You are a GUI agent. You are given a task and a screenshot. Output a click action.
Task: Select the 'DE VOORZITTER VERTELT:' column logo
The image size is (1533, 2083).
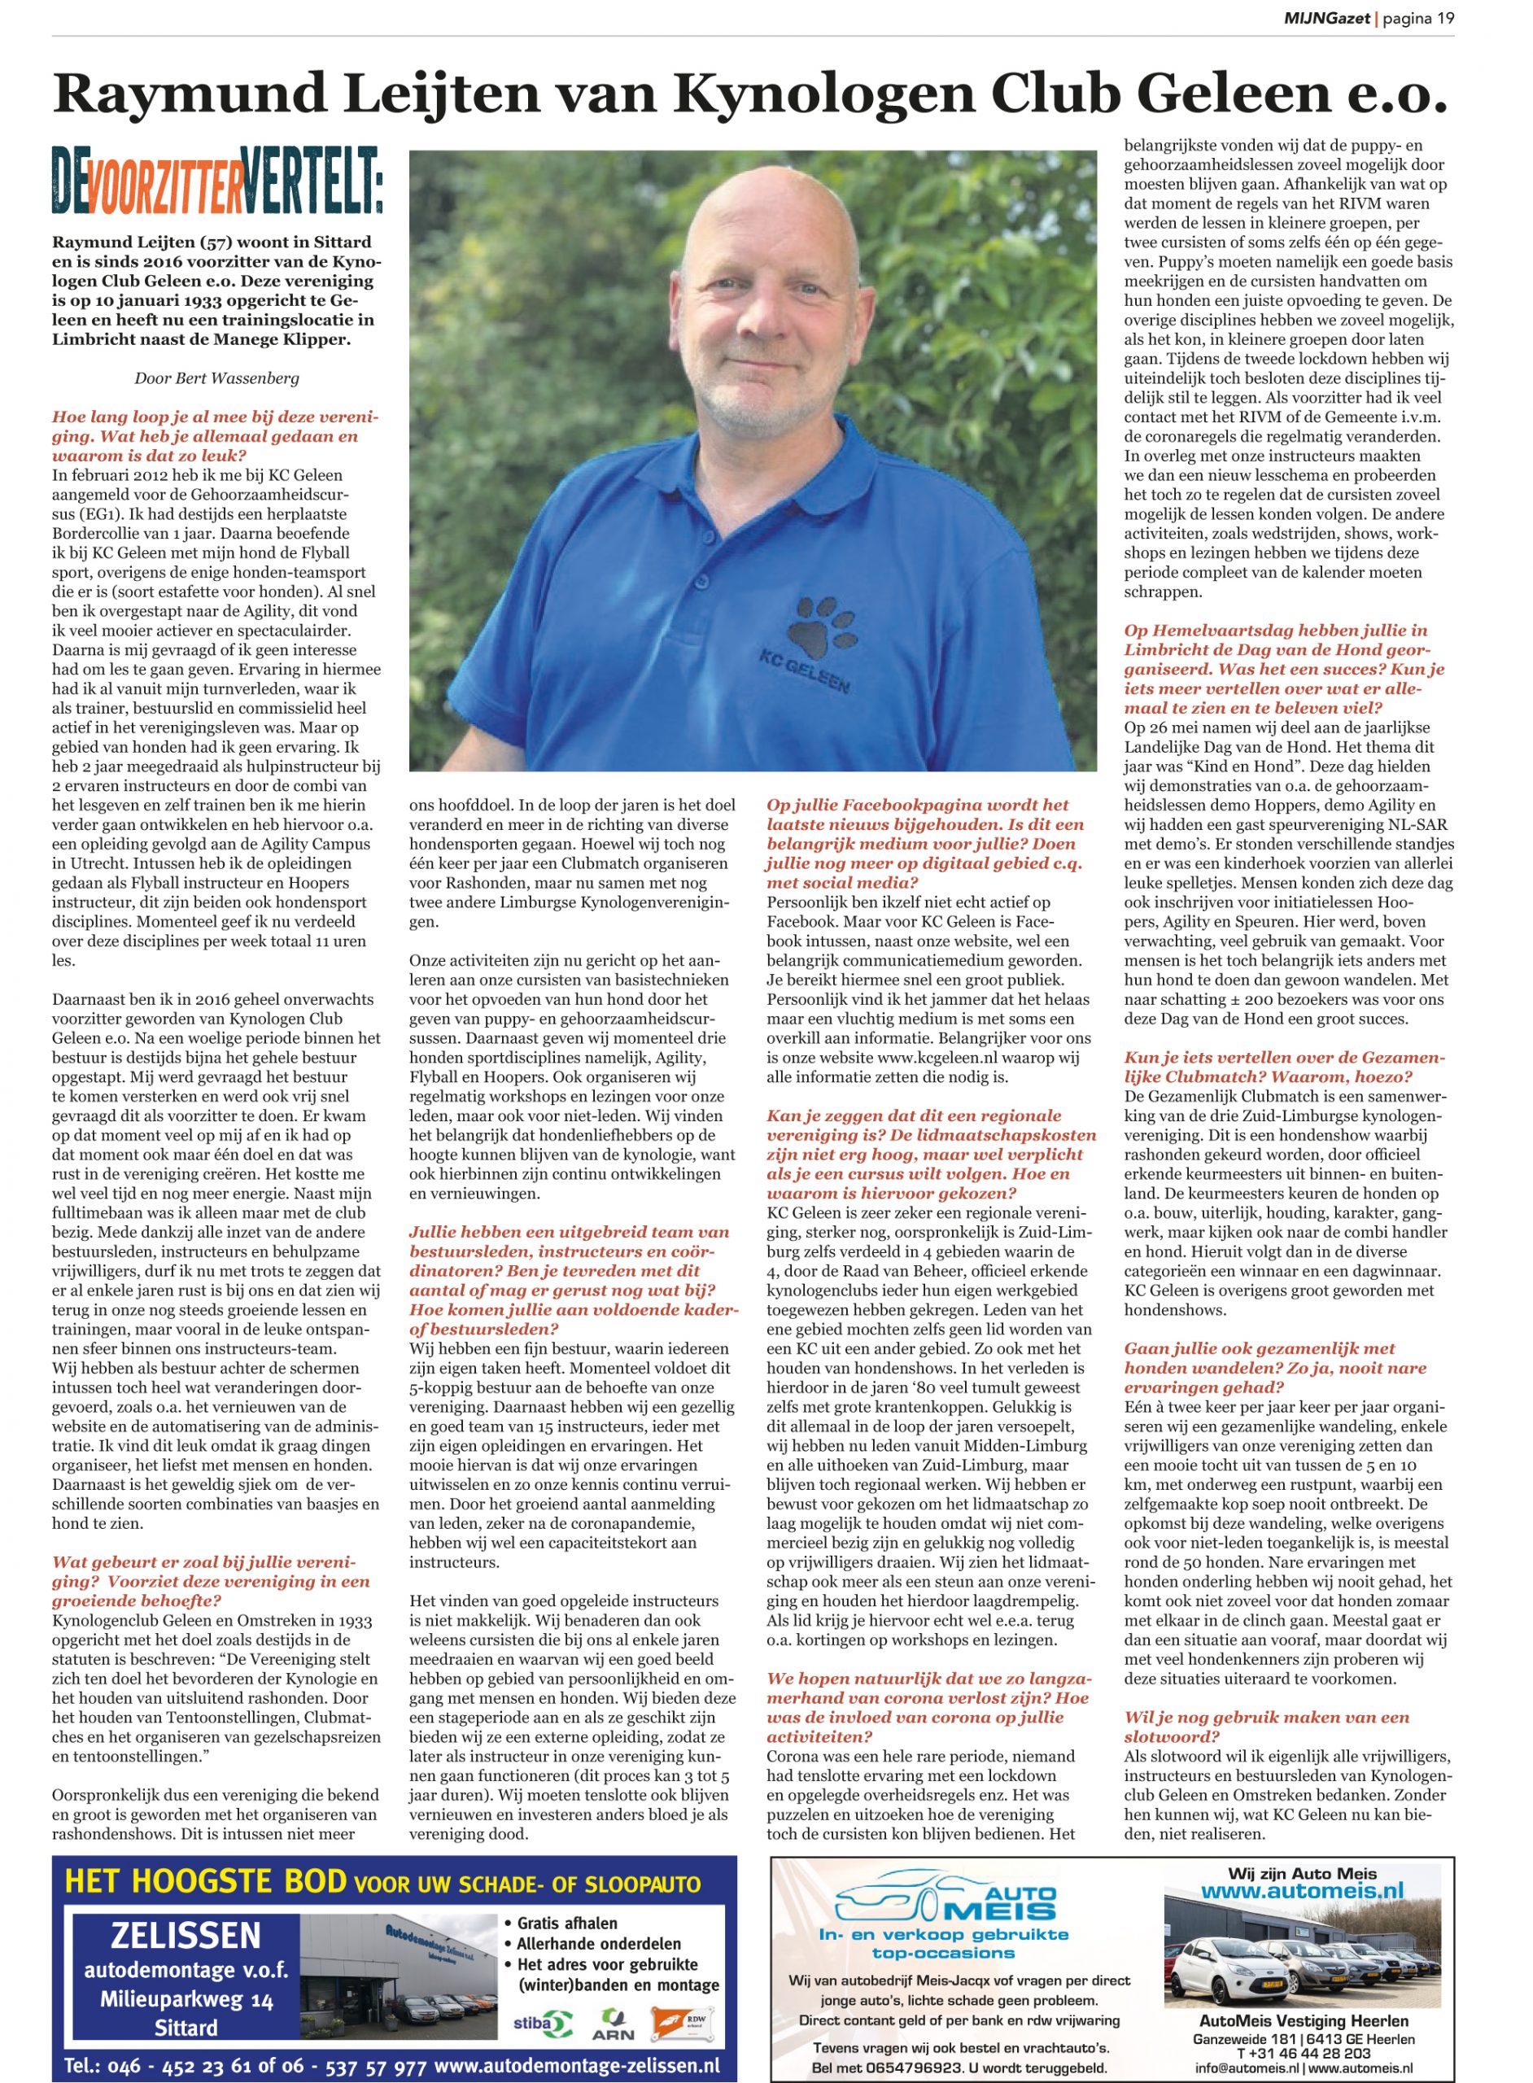click(216, 180)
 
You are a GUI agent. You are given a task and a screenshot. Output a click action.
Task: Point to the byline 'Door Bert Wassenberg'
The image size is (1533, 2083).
click(216, 378)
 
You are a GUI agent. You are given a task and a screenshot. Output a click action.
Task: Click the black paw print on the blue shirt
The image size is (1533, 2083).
click(818, 627)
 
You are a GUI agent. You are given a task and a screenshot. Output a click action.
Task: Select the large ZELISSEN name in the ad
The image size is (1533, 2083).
click(186, 1936)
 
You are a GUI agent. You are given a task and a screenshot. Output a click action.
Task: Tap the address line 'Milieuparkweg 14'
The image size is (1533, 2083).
click(186, 1999)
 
